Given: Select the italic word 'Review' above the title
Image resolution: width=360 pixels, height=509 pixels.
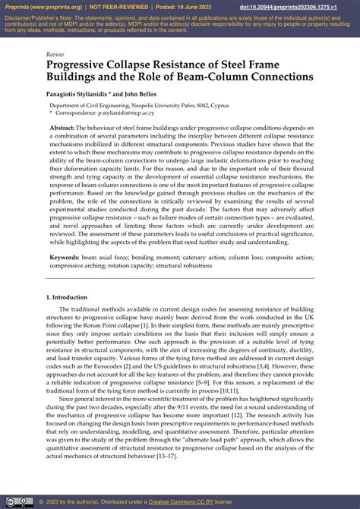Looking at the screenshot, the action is (55, 55).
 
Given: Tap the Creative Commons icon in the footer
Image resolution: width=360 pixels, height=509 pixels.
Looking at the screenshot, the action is (11, 501).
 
